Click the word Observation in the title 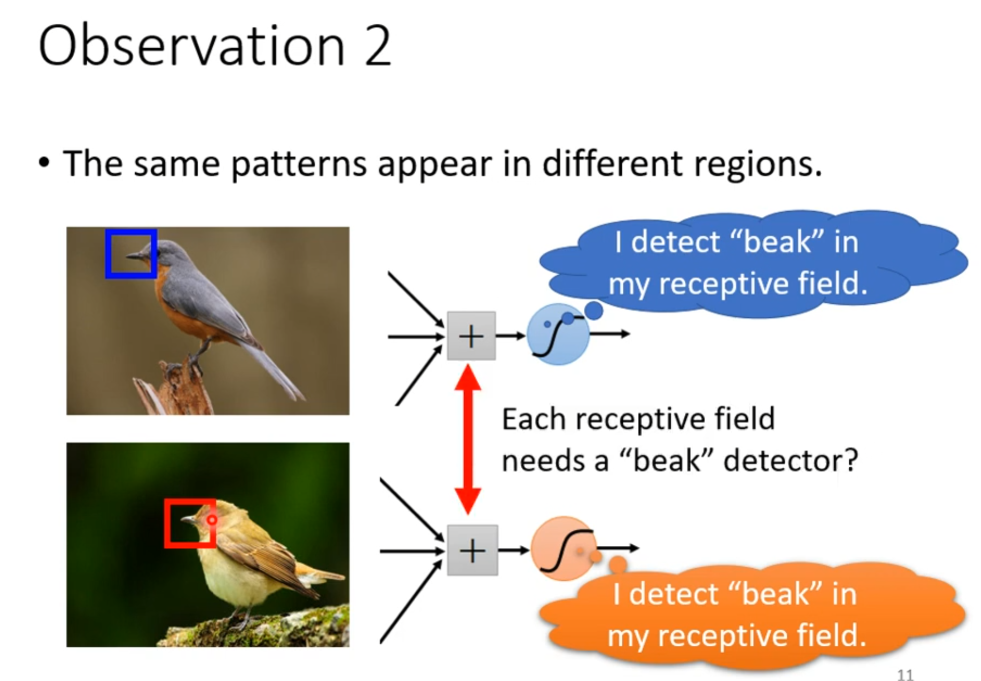192,46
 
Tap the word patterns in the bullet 299,164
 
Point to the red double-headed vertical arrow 468,439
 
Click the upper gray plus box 471,336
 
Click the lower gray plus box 472,550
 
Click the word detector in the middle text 790,460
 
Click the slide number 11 905,674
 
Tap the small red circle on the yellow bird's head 212,520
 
